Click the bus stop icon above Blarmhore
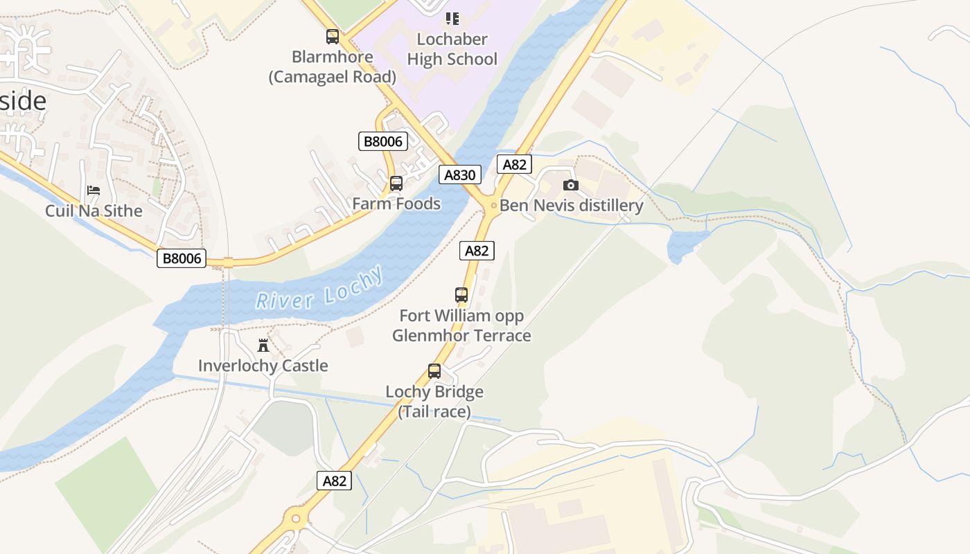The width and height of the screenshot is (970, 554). (x=333, y=37)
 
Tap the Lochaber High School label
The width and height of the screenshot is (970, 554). (x=452, y=48)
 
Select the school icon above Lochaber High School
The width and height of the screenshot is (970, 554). (x=452, y=18)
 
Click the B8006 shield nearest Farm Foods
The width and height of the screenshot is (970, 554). (x=382, y=141)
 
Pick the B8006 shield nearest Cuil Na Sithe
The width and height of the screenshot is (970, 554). (x=182, y=258)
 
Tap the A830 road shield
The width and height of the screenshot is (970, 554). (x=459, y=175)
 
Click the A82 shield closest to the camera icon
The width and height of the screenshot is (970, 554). (x=515, y=164)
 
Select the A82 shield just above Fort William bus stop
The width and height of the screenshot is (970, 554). (x=477, y=251)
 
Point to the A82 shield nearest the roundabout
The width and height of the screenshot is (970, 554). (x=334, y=481)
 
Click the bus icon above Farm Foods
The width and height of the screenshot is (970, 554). (x=396, y=184)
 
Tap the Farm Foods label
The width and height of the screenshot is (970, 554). (x=396, y=204)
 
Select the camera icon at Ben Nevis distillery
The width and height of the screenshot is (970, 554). (x=571, y=185)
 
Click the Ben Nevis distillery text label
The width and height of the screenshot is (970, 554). (x=572, y=206)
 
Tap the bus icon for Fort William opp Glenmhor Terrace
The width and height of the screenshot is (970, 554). (x=461, y=295)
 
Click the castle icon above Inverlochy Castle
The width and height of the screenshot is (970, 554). (x=263, y=345)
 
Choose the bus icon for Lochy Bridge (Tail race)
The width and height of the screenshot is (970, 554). (x=434, y=371)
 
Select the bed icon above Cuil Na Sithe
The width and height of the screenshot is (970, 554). (x=94, y=190)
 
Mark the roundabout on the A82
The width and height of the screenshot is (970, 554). (x=297, y=517)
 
